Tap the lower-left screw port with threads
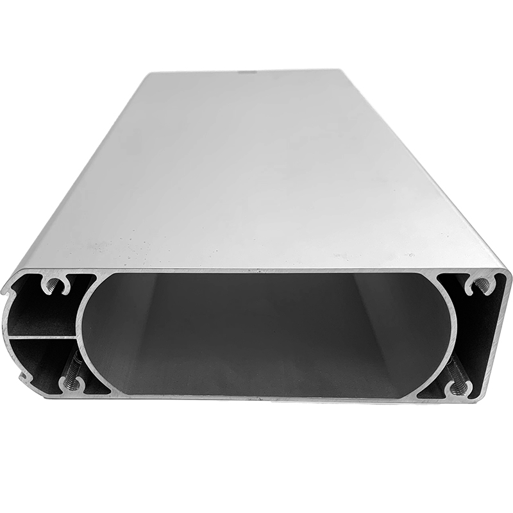click(71, 383)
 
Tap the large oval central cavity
click(269, 333)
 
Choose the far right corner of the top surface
click(349, 69)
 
